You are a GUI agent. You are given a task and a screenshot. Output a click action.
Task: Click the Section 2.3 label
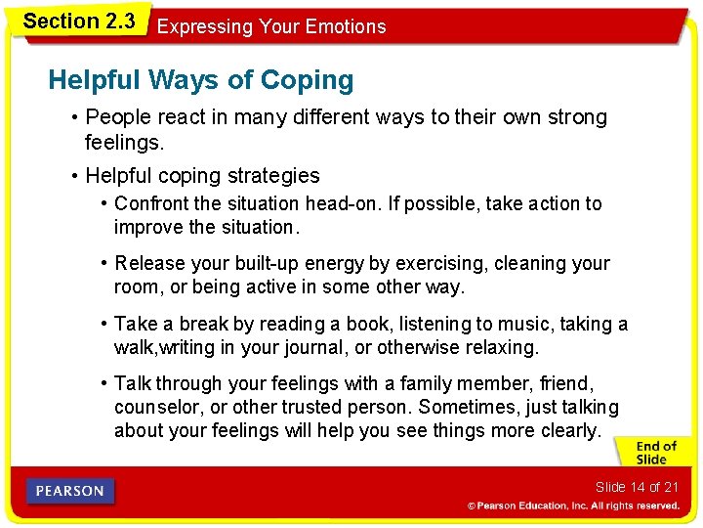tap(78, 20)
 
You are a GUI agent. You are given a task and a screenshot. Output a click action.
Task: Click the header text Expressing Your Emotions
tap(271, 27)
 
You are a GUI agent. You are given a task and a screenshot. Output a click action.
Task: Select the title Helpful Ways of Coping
tap(201, 80)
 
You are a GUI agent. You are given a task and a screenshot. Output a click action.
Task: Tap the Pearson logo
tap(71, 491)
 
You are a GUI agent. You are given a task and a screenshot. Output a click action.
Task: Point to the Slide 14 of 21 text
tap(636, 487)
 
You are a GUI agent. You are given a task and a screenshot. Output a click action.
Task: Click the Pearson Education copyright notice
tap(572, 506)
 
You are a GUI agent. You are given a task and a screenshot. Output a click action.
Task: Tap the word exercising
tap(444, 263)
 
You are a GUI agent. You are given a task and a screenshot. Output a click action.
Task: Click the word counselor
tap(155, 407)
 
